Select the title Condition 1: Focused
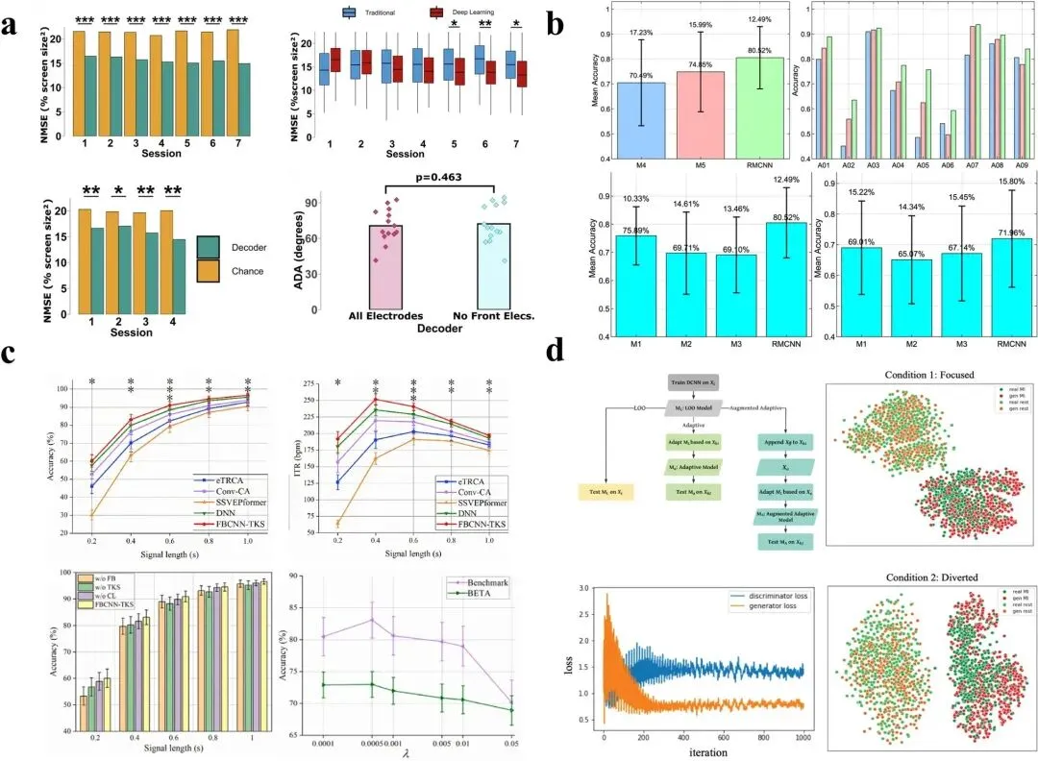[927, 373]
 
